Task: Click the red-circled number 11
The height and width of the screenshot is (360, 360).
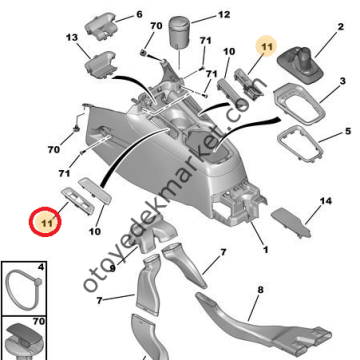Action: (45, 220)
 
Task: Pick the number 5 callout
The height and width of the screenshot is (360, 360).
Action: (346, 131)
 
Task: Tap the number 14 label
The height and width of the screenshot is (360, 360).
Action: (325, 202)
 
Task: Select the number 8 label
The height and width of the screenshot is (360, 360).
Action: (260, 291)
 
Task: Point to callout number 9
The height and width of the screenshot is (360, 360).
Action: (112, 268)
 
